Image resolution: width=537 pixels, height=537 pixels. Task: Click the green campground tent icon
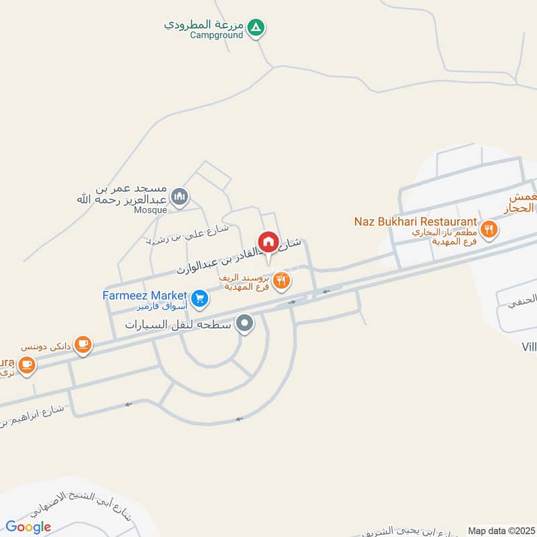(256, 28)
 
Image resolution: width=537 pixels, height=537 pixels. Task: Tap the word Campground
(215, 35)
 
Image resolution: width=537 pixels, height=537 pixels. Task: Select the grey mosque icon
(179, 197)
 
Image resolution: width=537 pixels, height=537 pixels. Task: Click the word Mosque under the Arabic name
(151, 209)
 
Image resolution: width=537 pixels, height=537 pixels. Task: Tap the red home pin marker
(268, 242)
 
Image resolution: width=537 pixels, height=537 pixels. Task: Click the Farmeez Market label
(144, 295)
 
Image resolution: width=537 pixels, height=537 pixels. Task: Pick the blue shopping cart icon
(199, 299)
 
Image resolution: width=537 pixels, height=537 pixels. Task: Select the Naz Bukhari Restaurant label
(416, 222)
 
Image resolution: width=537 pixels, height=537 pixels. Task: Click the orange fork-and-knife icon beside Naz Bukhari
(489, 228)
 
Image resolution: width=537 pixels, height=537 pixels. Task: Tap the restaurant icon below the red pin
(282, 281)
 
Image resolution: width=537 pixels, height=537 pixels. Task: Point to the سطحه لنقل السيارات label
(178, 325)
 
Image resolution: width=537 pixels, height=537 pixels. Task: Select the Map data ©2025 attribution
(500, 530)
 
